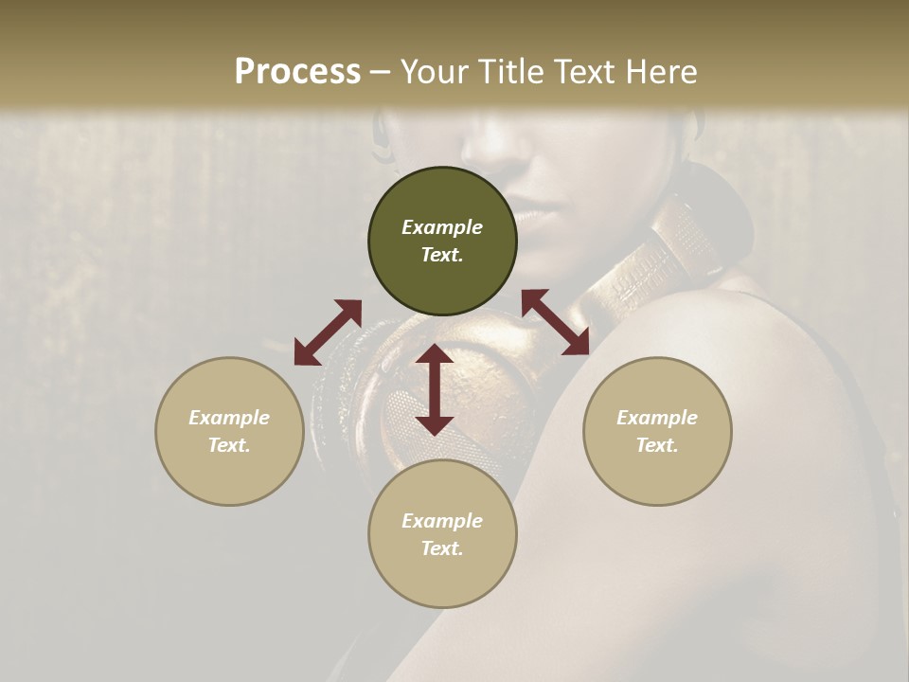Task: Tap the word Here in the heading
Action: pos(662,72)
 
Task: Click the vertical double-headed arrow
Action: pos(435,389)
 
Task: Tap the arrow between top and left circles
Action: pos(328,332)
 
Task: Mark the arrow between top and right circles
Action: pos(556,322)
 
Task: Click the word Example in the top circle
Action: pos(442,227)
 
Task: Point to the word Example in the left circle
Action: pos(229,418)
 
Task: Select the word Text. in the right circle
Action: pos(657,445)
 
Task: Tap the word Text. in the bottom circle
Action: pos(442,548)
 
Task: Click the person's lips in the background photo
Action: pos(535,216)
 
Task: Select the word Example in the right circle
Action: pos(657,418)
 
